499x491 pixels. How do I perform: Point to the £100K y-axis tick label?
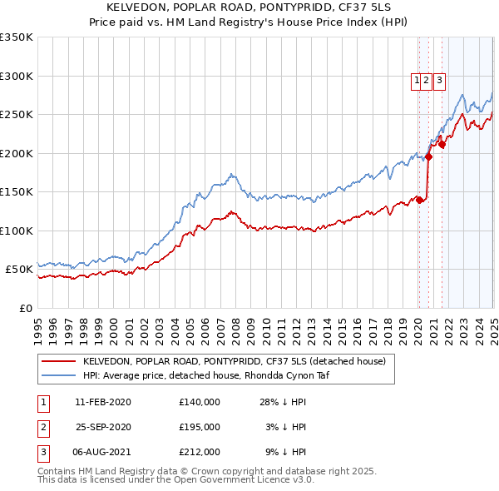[17, 231]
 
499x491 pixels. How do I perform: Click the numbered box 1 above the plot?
[416, 81]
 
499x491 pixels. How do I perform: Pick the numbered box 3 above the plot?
[438, 81]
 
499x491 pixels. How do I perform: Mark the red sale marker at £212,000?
[442, 144]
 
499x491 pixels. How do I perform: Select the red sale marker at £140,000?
[420, 200]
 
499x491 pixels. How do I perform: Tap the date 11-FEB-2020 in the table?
[103, 402]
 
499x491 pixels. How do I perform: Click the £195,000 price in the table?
[200, 427]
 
